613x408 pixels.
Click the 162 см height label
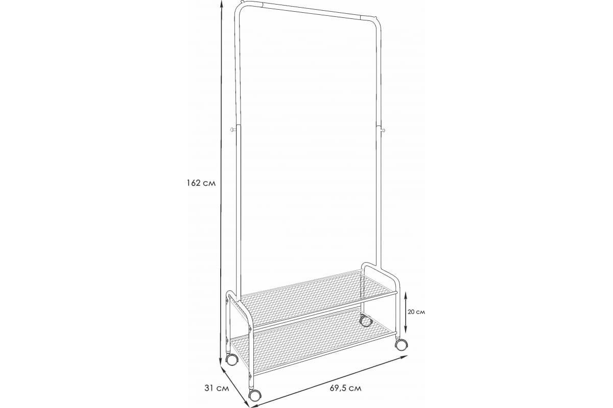201,183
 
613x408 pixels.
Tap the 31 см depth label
217,388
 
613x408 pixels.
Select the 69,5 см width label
345,388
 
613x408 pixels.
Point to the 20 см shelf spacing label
416,312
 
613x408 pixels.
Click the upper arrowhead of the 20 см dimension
406,294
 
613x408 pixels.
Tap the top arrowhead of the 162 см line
221,3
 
